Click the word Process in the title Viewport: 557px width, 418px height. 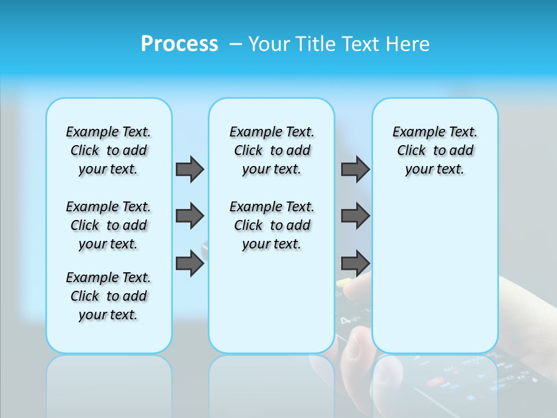point(179,44)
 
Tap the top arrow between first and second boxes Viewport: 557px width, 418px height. point(190,169)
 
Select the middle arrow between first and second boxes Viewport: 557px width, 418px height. point(190,216)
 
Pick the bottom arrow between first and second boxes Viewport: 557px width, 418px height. point(190,264)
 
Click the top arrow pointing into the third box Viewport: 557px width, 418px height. point(355,169)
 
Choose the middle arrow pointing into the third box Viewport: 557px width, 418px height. point(355,216)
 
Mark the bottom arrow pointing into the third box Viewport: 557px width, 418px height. point(355,264)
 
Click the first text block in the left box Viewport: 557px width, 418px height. point(108,150)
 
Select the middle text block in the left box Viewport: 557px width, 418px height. point(108,225)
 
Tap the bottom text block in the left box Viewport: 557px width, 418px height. point(108,296)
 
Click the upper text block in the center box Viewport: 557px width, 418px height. point(272,150)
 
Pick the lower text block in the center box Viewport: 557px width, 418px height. point(272,225)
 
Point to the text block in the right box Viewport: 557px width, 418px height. point(435,150)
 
